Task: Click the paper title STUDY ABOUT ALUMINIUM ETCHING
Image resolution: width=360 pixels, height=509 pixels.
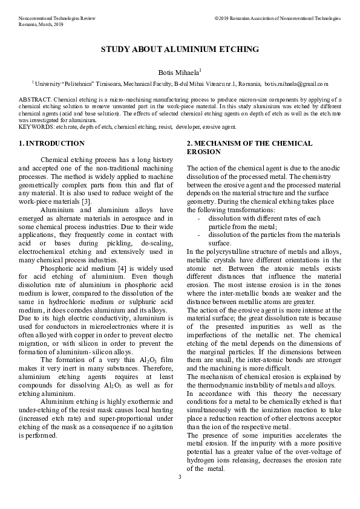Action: pos(180,49)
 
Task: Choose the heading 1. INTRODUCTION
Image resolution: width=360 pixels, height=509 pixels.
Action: pos(51,144)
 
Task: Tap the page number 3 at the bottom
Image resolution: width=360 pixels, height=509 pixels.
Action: pos(180,478)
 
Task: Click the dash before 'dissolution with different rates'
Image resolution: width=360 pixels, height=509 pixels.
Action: pos(200,218)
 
